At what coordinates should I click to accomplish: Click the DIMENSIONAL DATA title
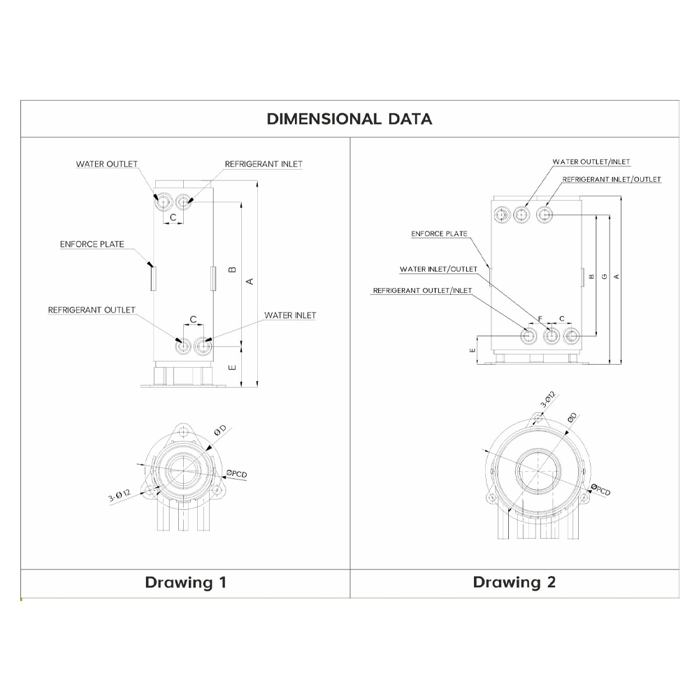coord(349,119)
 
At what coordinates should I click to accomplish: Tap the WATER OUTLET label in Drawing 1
coord(107,164)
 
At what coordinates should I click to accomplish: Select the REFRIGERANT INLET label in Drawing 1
coord(264,164)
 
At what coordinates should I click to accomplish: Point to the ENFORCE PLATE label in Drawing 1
coord(92,244)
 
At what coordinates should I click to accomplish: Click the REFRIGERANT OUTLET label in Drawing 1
coord(92,310)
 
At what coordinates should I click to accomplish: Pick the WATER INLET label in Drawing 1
coord(290,315)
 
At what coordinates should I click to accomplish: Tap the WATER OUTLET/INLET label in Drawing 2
coord(591,162)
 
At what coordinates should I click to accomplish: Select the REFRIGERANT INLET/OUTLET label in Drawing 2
coord(612,179)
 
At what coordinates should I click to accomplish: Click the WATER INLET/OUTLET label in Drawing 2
coord(439,269)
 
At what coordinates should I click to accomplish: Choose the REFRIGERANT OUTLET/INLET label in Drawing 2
coord(423,291)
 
